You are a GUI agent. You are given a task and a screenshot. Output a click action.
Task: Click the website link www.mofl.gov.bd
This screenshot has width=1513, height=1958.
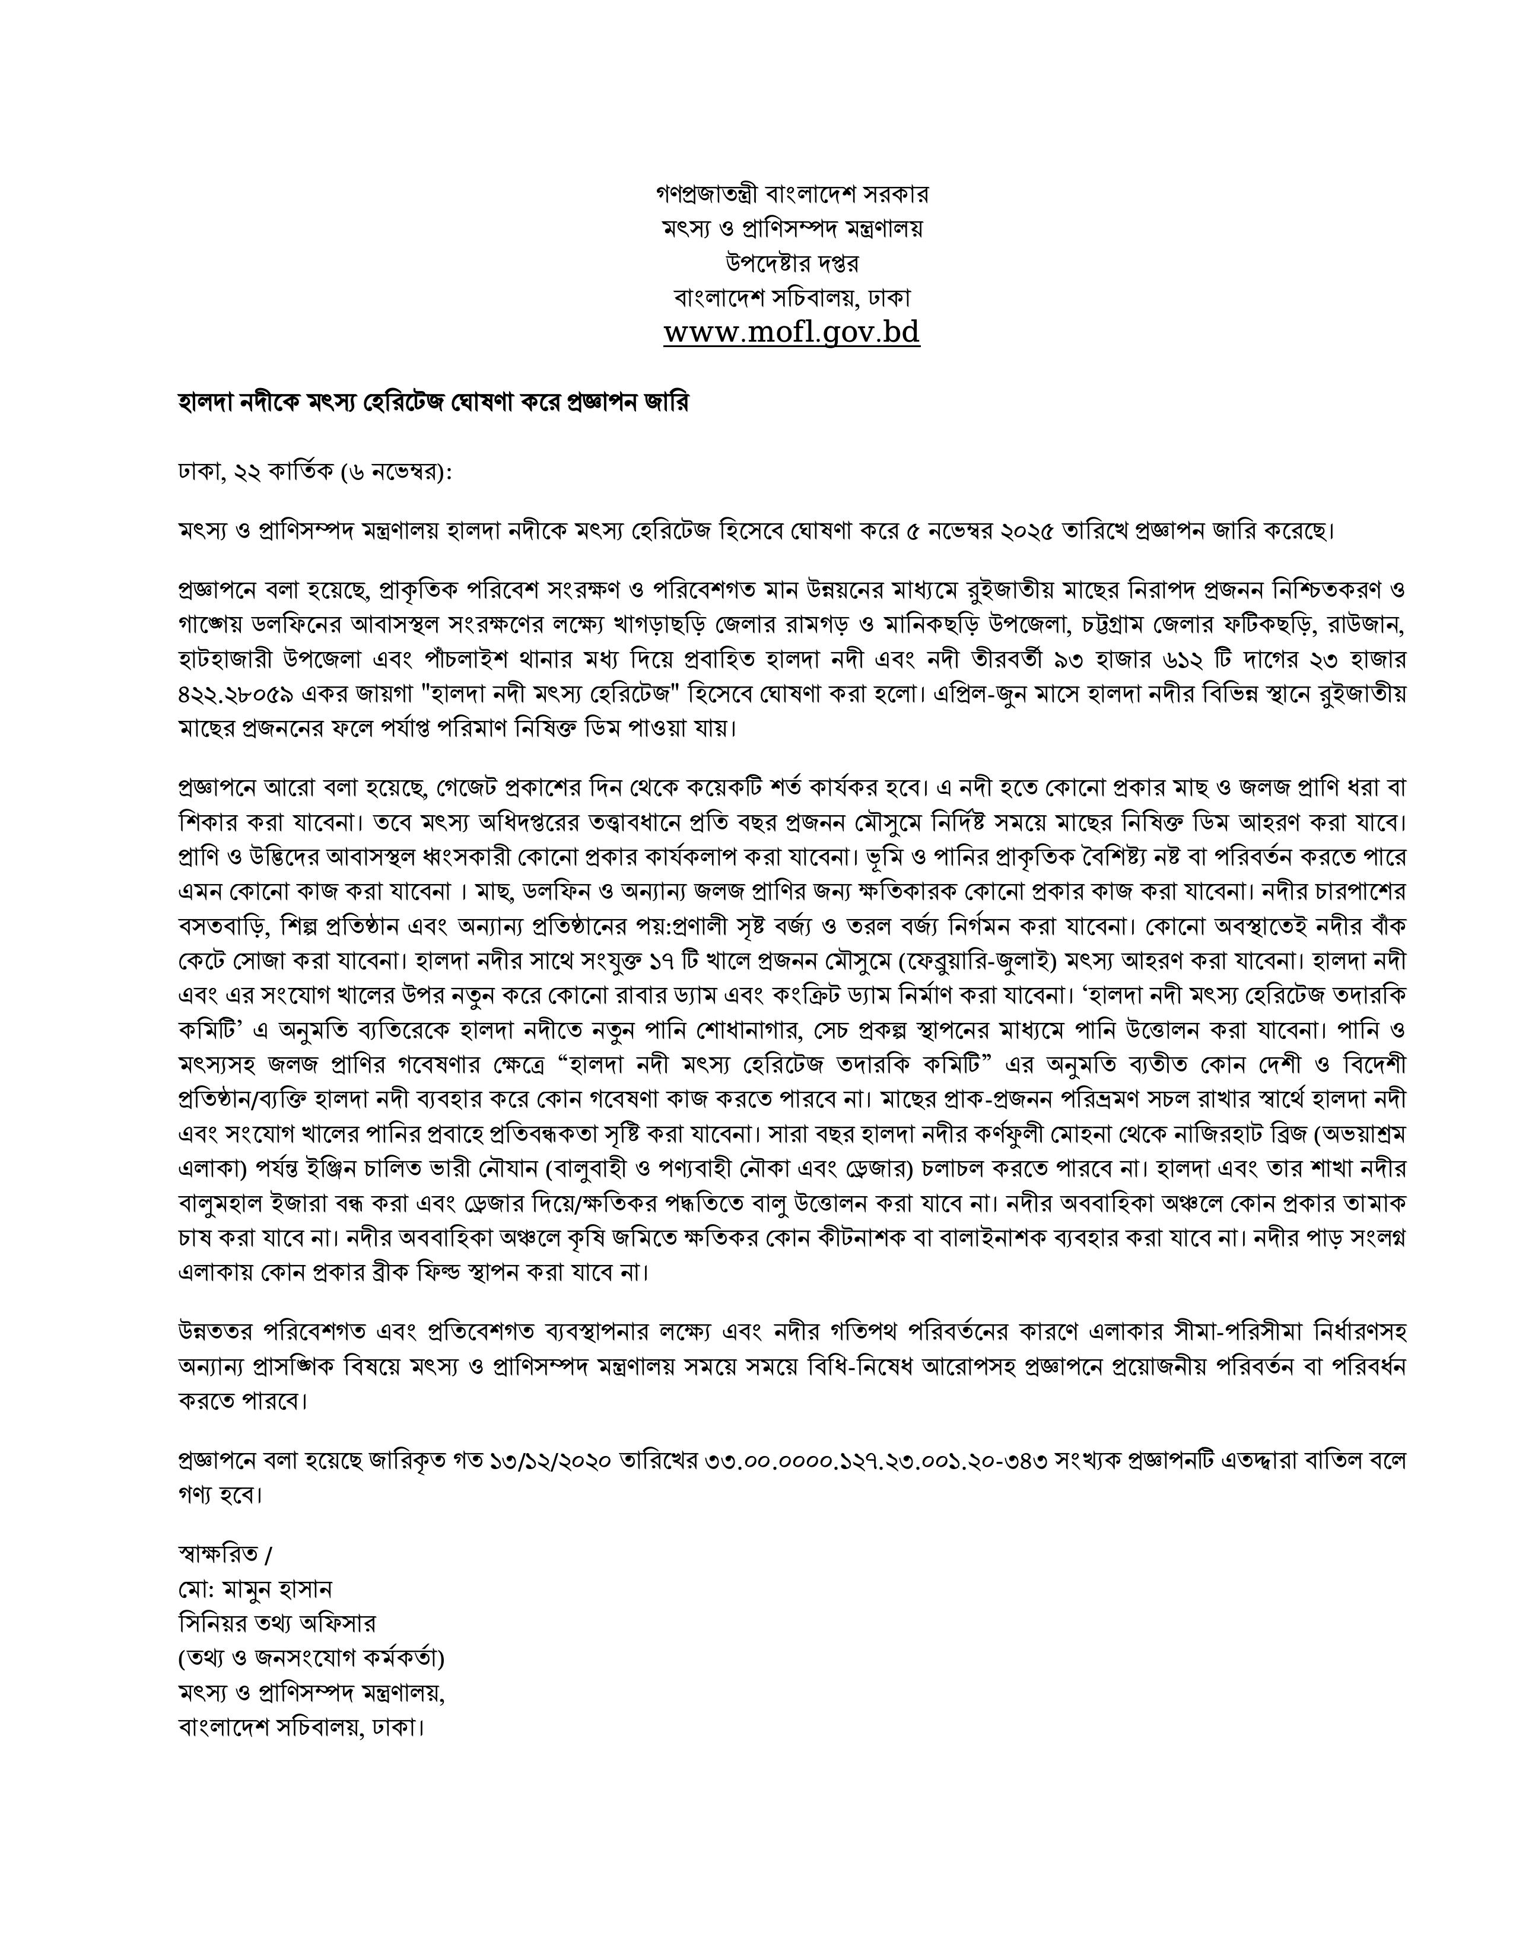(792, 333)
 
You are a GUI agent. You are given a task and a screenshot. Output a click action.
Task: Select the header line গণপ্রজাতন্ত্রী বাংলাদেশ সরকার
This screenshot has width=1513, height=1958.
(792, 193)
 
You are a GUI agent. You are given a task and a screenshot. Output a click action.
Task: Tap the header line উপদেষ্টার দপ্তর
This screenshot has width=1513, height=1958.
(792, 263)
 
